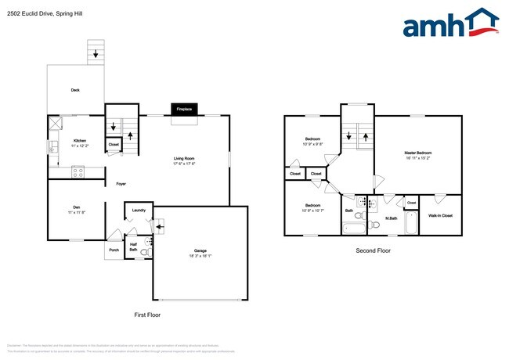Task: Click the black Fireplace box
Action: click(x=185, y=109)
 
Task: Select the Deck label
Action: click(x=75, y=90)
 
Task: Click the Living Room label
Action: click(x=184, y=160)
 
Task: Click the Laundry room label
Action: click(x=139, y=210)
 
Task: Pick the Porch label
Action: click(x=114, y=251)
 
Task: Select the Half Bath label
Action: click(x=133, y=246)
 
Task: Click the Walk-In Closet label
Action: click(x=439, y=214)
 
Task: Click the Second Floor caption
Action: click(x=373, y=251)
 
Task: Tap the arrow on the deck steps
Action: click(x=96, y=54)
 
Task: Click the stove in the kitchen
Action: click(x=78, y=171)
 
